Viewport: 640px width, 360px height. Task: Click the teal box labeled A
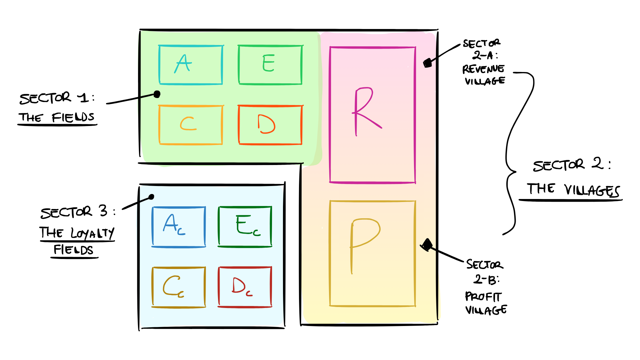pos(191,65)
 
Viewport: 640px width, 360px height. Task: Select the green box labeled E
pos(270,65)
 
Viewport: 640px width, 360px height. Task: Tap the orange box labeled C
pos(191,125)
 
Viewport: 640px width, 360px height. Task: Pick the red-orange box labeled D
pos(270,125)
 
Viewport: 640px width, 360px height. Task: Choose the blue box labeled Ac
pos(179,227)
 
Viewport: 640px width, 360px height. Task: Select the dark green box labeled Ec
pos(245,227)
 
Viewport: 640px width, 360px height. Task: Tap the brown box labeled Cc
pos(179,287)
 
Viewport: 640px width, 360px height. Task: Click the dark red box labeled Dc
pos(245,287)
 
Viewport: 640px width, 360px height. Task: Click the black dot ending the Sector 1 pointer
pos(157,94)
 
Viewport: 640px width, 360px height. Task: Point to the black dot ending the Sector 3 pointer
pos(151,197)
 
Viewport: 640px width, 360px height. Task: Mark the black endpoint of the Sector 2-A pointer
pos(427,63)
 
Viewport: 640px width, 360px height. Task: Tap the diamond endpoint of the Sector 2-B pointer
pos(426,245)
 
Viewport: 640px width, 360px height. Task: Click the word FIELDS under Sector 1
pos(73,117)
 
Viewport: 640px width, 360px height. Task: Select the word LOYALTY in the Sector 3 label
pos(92,233)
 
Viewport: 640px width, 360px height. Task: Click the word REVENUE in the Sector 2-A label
pos(483,69)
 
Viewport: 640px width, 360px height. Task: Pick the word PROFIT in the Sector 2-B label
pos(483,296)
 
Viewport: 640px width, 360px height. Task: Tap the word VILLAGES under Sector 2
pos(592,190)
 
